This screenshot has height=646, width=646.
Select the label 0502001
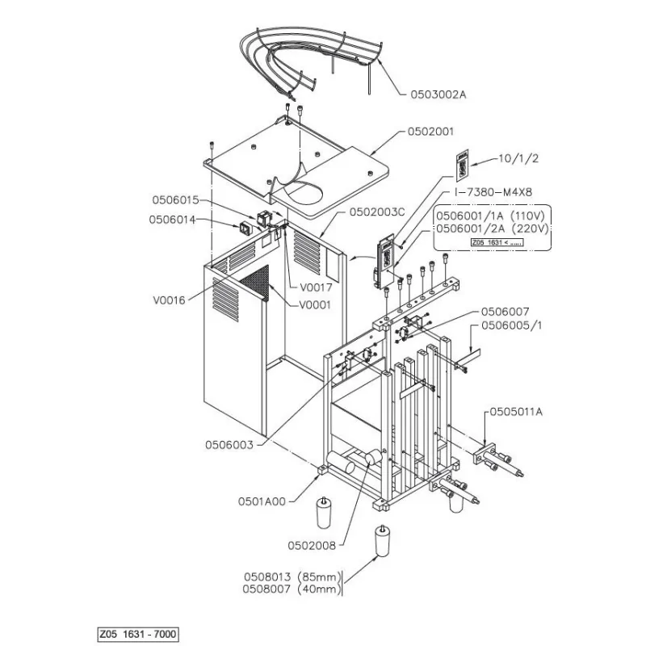(x=431, y=131)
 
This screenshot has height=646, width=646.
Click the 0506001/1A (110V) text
(x=492, y=216)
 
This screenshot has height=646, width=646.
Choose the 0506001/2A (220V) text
(x=492, y=229)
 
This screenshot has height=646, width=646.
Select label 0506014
(x=171, y=219)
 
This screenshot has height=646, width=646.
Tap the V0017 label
(x=316, y=287)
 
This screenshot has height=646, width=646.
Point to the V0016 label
(x=169, y=300)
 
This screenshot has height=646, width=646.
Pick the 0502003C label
(x=376, y=212)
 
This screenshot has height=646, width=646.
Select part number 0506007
(x=505, y=311)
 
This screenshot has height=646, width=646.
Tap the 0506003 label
(x=229, y=444)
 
